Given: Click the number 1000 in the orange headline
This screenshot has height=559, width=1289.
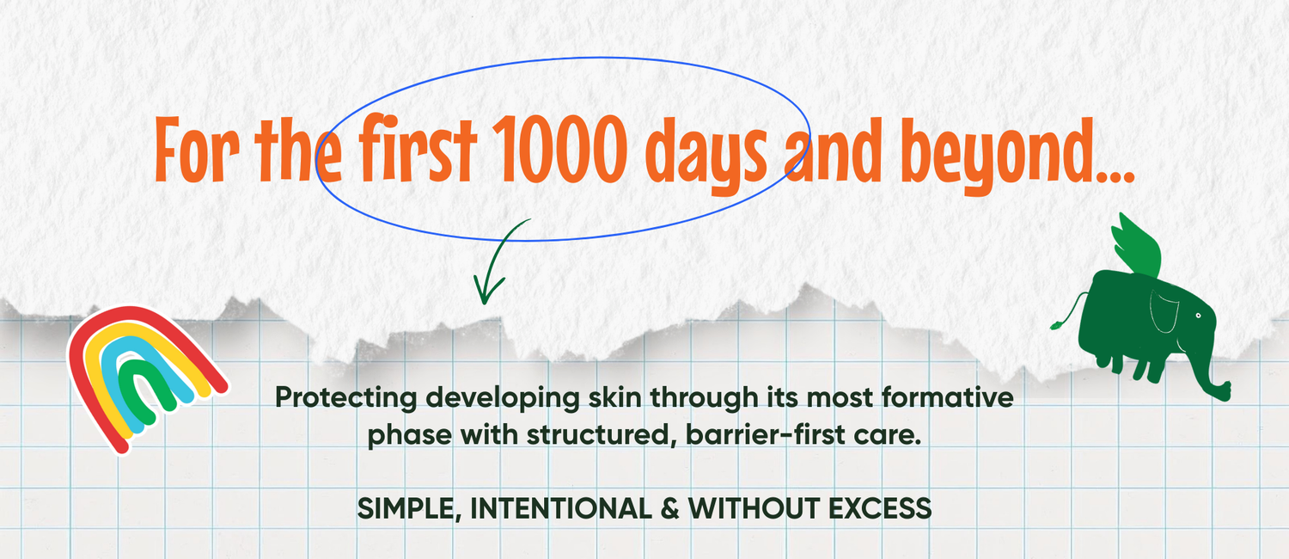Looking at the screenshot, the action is click(559, 149).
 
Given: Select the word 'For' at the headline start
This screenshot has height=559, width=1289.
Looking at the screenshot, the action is click(196, 150).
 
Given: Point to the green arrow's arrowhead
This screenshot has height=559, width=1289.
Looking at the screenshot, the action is click(486, 289).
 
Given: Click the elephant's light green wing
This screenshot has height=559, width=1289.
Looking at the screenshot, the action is click(1137, 249).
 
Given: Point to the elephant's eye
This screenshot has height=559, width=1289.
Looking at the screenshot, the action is click(1199, 316).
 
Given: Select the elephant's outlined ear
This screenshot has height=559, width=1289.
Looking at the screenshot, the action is click(1164, 311).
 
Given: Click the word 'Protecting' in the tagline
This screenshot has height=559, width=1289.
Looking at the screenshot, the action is click(345, 398).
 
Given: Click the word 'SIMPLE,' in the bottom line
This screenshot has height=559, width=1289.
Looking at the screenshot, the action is click(409, 509).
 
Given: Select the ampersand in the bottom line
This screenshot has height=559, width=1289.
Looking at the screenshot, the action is click(669, 508).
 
